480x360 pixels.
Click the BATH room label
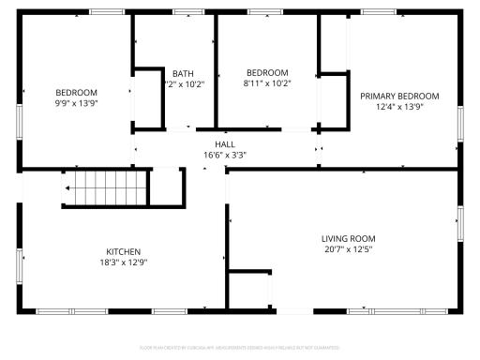coord(182,73)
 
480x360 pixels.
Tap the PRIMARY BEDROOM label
coord(400,96)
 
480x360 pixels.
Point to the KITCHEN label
coord(123,251)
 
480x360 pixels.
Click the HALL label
coord(225,144)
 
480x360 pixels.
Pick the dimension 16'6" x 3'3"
coord(225,155)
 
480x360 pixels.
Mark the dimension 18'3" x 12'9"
coord(123,262)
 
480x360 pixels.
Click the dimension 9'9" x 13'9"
coord(76,102)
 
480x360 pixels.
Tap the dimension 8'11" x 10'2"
coord(267,82)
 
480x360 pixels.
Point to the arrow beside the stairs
coord(67,188)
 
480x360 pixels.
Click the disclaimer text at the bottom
coord(240,347)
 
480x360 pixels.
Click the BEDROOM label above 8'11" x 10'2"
coord(267,72)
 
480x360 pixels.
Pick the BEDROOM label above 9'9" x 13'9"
coord(76,92)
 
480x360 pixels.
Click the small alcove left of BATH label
coord(147,96)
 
